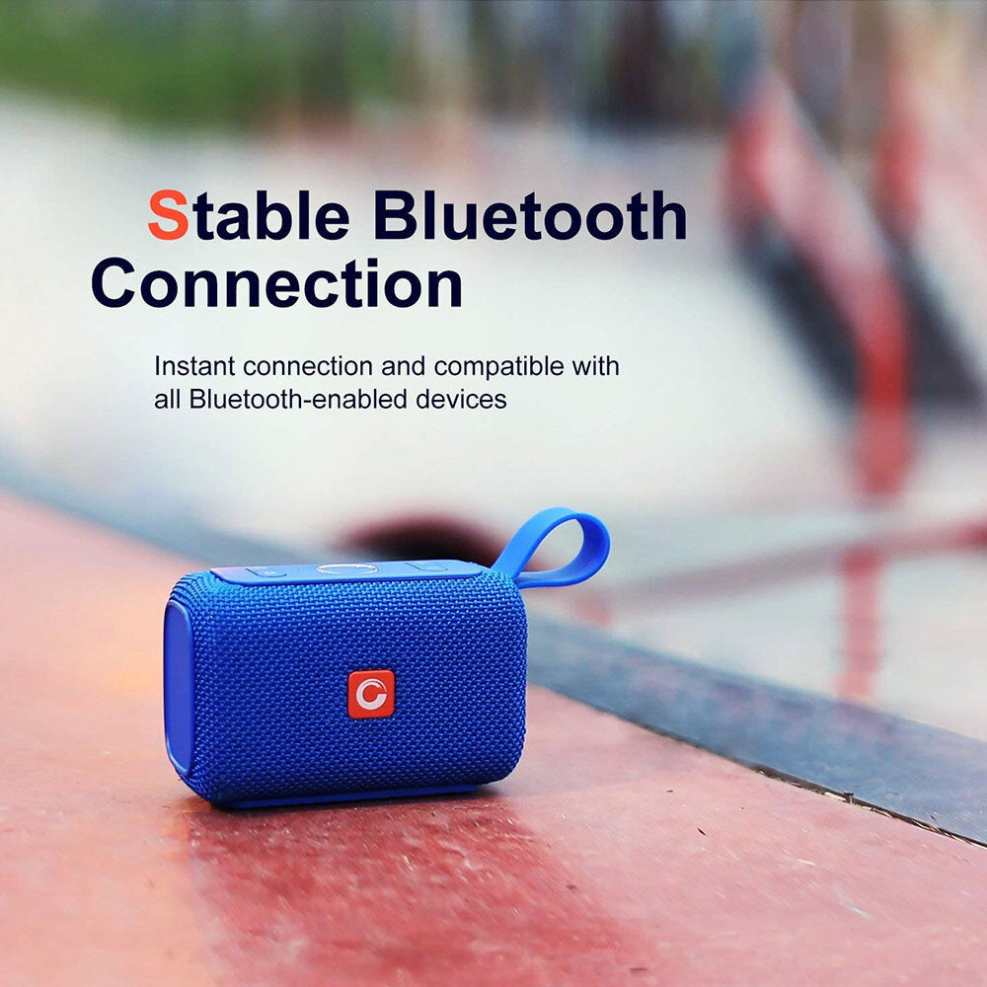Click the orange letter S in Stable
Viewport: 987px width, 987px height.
pyautogui.click(x=168, y=214)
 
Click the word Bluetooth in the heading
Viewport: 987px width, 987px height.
pyautogui.click(x=530, y=215)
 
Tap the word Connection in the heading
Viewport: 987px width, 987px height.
pyautogui.click(x=277, y=283)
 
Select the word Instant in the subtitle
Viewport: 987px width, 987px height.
pyautogui.click(x=194, y=366)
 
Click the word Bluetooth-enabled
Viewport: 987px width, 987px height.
pyautogui.click(x=298, y=399)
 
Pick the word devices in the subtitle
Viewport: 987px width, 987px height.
pyautogui.click(x=461, y=399)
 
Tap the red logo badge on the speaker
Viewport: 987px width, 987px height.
pyautogui.click(x=371, y=694)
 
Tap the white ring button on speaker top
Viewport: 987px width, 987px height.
pyautogui.click(x=346, y=569)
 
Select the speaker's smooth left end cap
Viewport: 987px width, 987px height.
pyautogui.click(x=179, y=686)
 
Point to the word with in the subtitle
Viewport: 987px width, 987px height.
pyautogui.click(x=595, y=366)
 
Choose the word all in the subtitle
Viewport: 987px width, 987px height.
pyautogui.click(x=168, y=399)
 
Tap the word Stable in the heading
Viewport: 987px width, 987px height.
pyautogui.click(x=249, y=215)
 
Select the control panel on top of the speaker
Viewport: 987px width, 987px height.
pyautogui.click(x=347, y=570)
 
